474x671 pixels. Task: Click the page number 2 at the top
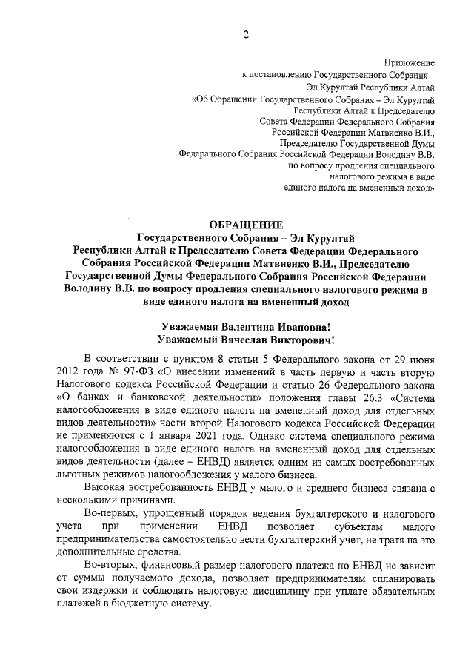point(245,34)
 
